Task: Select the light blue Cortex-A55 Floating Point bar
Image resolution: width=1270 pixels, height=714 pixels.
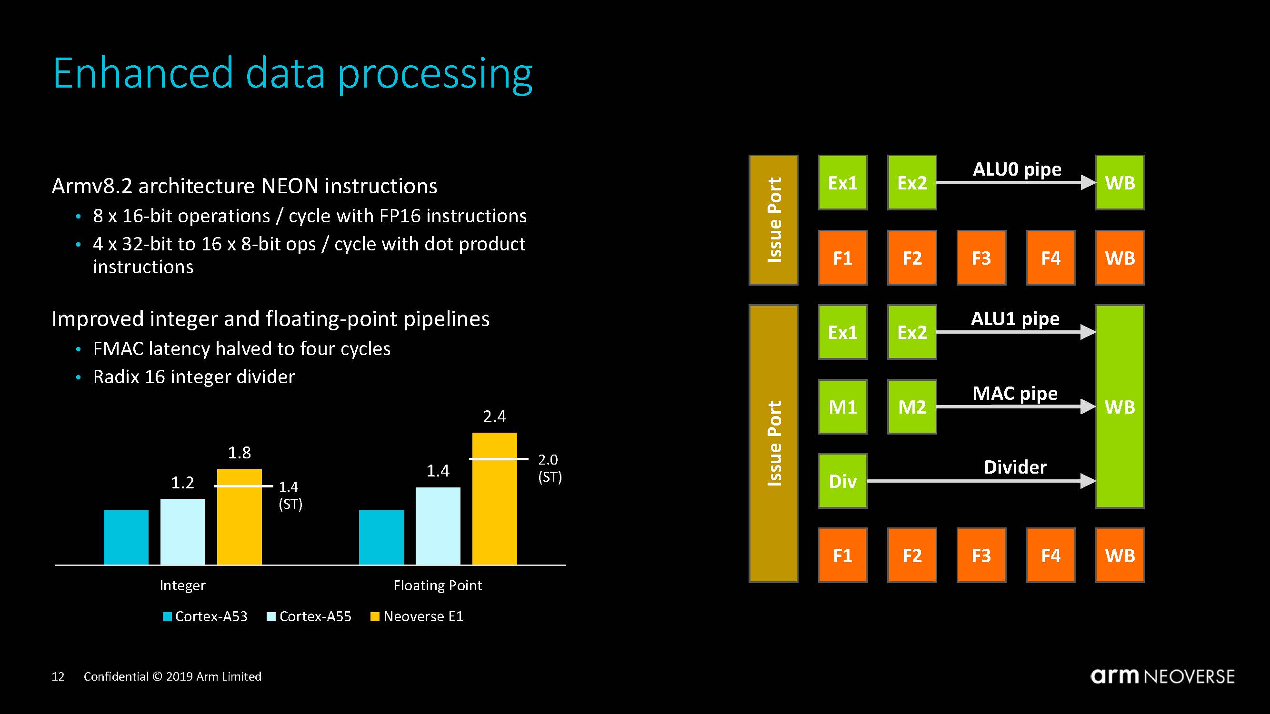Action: tap(438, 526)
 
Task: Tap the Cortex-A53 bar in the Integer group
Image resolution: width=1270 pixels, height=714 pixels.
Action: tap(126, 537)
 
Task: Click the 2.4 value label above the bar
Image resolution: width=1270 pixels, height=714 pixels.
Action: tap(494, 417)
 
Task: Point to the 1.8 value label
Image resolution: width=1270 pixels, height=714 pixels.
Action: tap(239, 453)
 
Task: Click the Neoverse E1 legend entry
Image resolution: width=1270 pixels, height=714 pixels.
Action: tap(417, 616)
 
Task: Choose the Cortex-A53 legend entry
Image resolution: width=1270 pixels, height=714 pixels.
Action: tap(205, 616)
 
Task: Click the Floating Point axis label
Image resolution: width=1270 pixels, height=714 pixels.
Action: tap(437, 585)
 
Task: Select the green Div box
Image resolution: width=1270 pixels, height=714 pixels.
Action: tap(842, 481)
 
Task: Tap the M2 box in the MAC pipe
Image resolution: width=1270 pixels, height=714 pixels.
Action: tap(911, 407)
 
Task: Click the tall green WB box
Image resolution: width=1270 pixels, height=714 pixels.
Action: tap(1120, 407)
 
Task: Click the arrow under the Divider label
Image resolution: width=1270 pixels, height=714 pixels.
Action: tap(981, 481)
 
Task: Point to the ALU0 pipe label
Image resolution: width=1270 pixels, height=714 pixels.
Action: tap(1017, 169)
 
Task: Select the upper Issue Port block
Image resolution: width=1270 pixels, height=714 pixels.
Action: tap(773, 220)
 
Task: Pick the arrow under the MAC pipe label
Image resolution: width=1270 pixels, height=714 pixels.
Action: tap(1016, 407)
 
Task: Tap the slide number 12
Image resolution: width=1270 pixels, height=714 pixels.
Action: tap(58, 676)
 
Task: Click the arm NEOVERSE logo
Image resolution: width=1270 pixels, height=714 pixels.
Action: tap(1162, 676)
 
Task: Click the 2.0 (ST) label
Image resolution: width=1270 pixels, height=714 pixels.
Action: tap(549, 468)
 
